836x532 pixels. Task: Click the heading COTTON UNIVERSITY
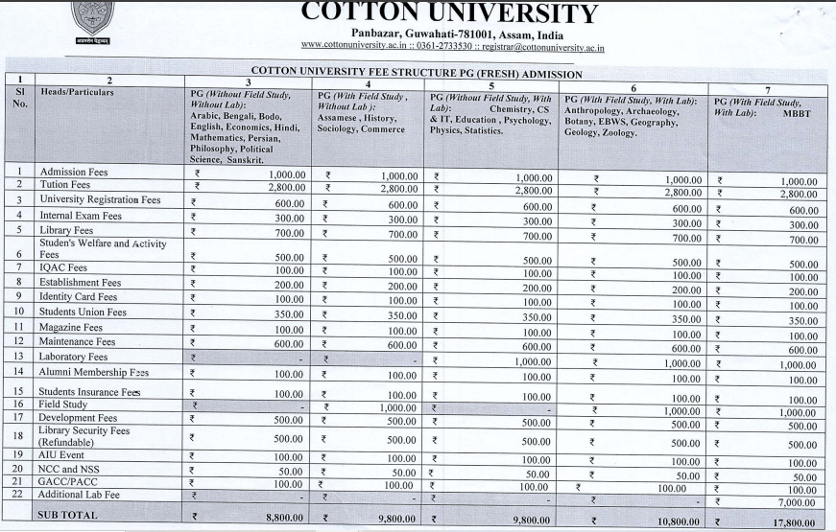point(449,13)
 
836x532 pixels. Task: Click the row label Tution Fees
point(65,184)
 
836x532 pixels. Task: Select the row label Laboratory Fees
point(73,357)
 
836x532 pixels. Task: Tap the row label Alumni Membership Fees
point(94,371)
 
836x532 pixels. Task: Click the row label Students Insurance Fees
point(89,391)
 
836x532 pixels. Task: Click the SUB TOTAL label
point(69,515)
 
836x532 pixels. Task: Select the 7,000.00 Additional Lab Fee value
point(796,502)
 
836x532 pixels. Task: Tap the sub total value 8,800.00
point(278,518)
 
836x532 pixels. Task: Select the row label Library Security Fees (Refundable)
point(84,436)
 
